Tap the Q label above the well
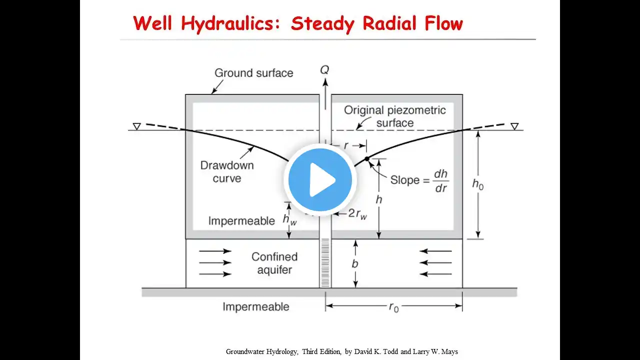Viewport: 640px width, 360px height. [x=325, y=69]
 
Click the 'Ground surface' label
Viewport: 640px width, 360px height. [x=253, y=73]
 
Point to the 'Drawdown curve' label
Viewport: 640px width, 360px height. [x=227, y=171]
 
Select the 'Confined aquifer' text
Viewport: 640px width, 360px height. [x=274, y=263]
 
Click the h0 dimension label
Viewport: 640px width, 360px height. [x=478, y=184]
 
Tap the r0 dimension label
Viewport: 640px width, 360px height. [x=394, y=307]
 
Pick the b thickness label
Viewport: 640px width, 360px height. [x=355, y=263]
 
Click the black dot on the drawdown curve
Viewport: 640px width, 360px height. [x=366, y=158]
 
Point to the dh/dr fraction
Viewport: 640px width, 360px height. [x=440, y=180]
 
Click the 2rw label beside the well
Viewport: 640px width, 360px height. [x=357, y=213]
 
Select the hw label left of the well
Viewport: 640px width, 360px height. [x=289, y=219]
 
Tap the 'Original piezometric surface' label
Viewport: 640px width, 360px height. [x=394, y=116]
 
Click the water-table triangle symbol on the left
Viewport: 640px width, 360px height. [x=136, y=126]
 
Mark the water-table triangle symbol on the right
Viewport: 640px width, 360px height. [x=514, y=126]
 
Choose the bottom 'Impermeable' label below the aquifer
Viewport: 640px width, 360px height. [x=255, y=306]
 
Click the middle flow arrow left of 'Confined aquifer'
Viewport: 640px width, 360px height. [x=215, y=262]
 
